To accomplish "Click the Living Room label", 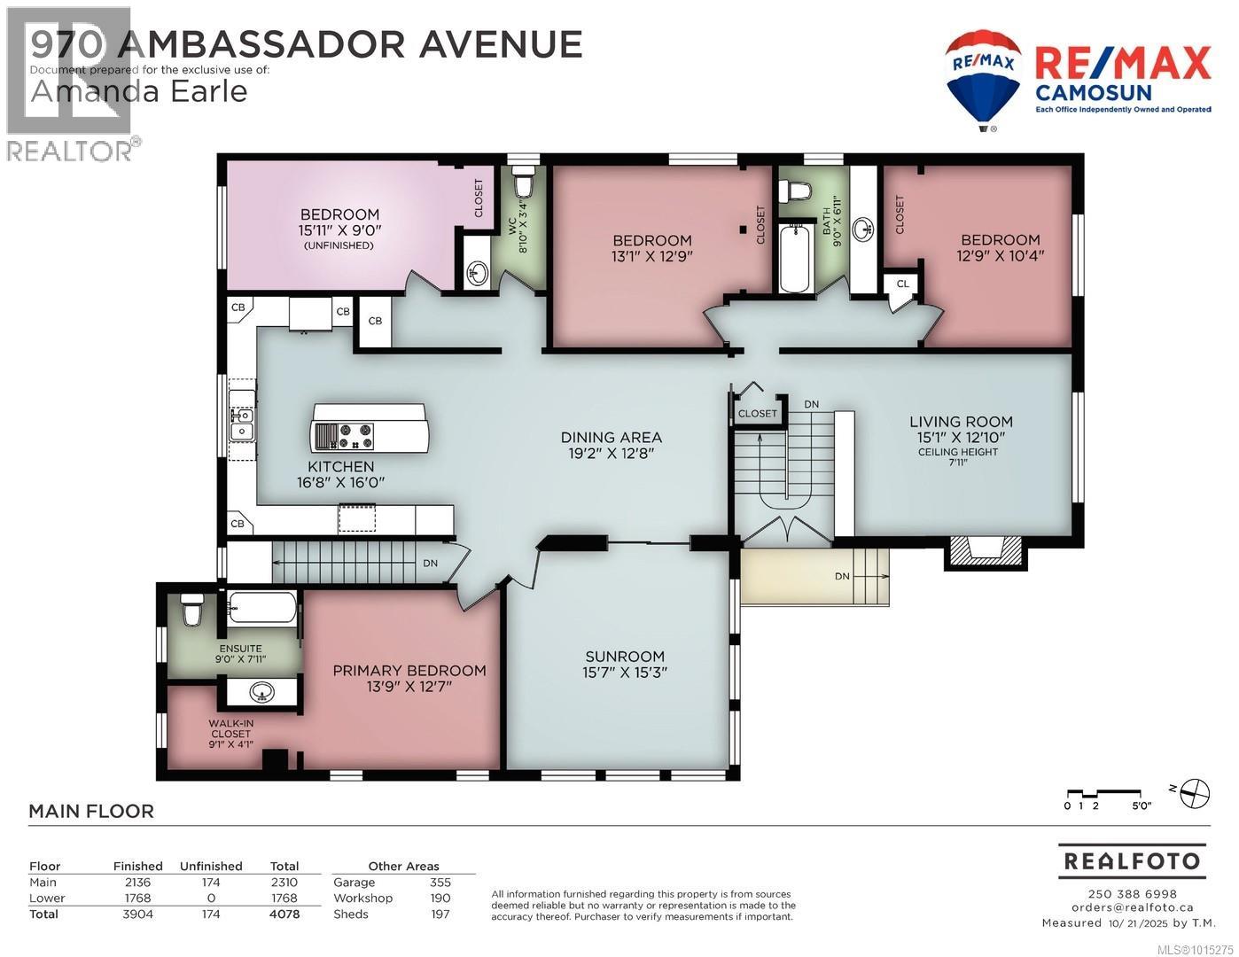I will click(961, 422).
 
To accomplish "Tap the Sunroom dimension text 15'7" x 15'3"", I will click(624, 673).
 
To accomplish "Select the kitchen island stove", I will click(344, 436).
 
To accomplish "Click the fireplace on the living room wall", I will click(986, 551).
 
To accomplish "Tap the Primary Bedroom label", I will click(409, 671).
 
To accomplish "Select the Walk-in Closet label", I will click(230, 728).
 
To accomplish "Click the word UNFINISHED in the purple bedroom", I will click(339, 245).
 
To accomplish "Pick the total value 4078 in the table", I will click(284, 914).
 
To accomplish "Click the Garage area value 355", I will click(440, 882).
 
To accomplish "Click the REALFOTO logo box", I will click(1132, 860).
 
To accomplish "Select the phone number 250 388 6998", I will click(1132, 894).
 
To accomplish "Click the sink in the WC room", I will click(477, 273).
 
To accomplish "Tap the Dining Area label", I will click(611, 438).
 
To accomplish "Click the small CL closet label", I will click(902, 284).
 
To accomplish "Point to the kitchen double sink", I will click(241, 423).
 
